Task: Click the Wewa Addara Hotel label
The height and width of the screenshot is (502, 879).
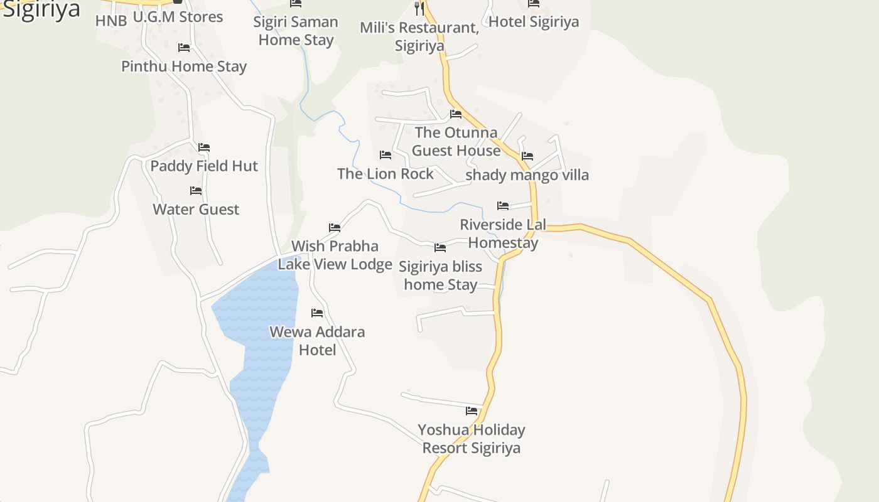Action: (x=317, y=341)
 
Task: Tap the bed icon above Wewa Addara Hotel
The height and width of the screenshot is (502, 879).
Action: (x=317, y=312)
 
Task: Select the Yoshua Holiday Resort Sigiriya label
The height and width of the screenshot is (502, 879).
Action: (x=472, y=439)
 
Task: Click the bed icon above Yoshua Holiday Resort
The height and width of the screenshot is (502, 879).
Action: (x=472, y=411)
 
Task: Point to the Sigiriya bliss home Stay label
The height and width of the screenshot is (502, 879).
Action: (x=441, y=275)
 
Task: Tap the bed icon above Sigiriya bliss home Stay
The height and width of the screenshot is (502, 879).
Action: (x=440, y=248)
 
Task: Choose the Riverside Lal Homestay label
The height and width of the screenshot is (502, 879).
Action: (x=503, y=233)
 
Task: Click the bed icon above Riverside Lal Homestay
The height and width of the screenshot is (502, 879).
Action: (x=503, y=205)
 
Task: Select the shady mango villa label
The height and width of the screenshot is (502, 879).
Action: (x=527, y=175)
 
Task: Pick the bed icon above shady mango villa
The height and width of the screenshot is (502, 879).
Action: (x=527, y=156)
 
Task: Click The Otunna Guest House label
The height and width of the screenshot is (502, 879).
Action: (x=456, y=141)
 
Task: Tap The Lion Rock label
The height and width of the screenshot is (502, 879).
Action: (x=386, y=174)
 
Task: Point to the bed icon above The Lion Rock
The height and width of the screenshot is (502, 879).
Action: (x=386, y=154)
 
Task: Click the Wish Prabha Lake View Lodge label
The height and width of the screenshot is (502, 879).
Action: (x=335, y=255)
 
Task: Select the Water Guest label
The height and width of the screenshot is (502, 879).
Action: (x=196, y=209)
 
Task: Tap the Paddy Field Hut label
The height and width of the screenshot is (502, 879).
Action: (x=204, y=166)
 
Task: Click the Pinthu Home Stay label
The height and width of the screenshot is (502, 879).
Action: (x=184, y=67)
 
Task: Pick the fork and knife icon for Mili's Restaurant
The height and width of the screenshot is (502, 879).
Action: (x=419, y=9)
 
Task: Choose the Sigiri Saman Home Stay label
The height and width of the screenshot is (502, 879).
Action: (x=296, y=31)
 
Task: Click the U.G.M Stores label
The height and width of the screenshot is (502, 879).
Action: (x=178, y=17)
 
